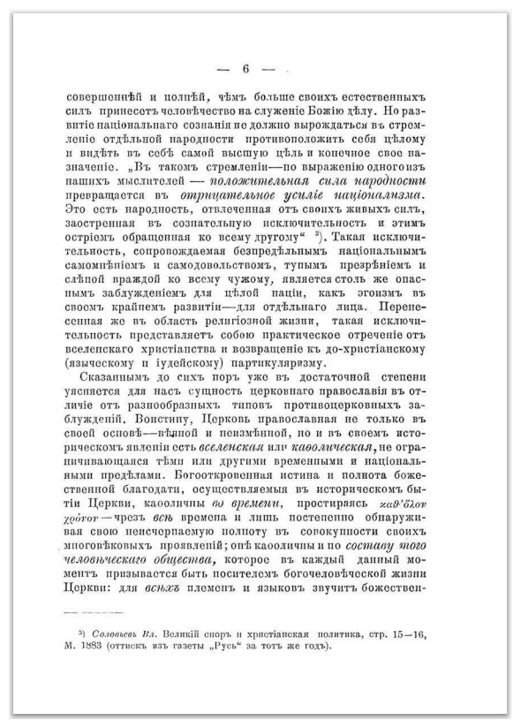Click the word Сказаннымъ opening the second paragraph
click(95, 375)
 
